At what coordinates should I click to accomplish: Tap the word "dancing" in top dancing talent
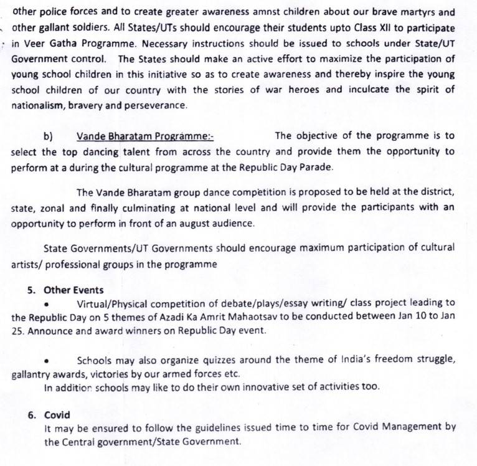(x=115, y=151)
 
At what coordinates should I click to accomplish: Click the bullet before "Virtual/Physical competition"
(x=48, y=305)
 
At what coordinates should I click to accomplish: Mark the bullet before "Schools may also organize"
(x=48, y=361)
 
